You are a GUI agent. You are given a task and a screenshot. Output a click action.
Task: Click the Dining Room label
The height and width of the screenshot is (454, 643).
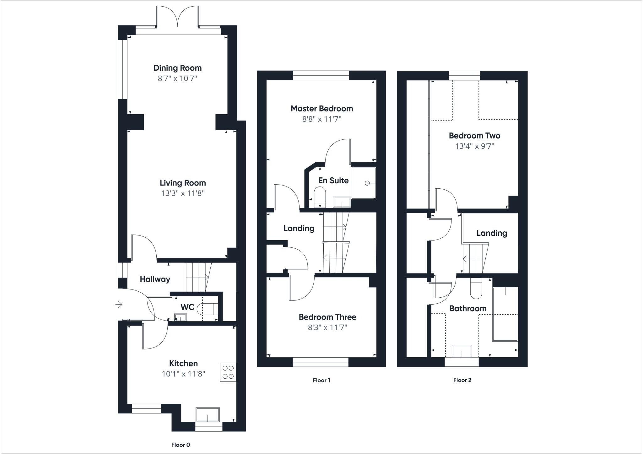pos(177,68)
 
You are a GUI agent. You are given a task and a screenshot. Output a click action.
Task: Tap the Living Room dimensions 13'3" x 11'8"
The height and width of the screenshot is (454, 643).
pos(183,193)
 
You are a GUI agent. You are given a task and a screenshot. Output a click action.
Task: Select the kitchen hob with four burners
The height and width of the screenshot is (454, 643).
pos(228,372)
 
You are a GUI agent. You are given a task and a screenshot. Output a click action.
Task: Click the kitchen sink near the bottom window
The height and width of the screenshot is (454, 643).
pos(208,414)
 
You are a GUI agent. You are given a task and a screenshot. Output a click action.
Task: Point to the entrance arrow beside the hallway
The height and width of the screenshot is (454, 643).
pos(119,304)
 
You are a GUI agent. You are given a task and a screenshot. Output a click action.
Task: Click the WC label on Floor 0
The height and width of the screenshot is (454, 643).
pos(187,307)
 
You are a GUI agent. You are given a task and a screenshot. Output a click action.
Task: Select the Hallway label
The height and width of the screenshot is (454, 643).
pos(155,279)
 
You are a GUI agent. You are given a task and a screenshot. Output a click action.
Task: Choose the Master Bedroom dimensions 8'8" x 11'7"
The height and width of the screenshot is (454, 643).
pos(321,119)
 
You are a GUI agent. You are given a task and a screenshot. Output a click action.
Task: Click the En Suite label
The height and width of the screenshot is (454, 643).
pos(333,181)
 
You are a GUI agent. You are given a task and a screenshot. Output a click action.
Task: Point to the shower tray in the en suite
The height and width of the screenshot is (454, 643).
pos(364,183)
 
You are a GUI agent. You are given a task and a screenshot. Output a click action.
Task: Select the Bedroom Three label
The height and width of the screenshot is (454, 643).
pos(327,317)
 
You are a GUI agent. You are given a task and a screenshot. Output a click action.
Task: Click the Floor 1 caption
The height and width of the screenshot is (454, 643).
pos(321,380)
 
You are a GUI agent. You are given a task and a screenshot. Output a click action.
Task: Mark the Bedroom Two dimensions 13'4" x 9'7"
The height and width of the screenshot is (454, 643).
pos(474,146)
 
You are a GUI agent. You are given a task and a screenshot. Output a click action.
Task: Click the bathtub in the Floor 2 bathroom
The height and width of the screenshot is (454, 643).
pos(505,314)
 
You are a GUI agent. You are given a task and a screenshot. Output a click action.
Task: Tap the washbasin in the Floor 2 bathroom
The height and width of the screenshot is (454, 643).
pos(462,351)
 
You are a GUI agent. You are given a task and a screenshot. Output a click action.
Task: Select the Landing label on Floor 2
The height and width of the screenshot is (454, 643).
pos(491,233)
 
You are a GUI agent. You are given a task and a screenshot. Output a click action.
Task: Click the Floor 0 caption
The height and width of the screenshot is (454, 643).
pos(181,445)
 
